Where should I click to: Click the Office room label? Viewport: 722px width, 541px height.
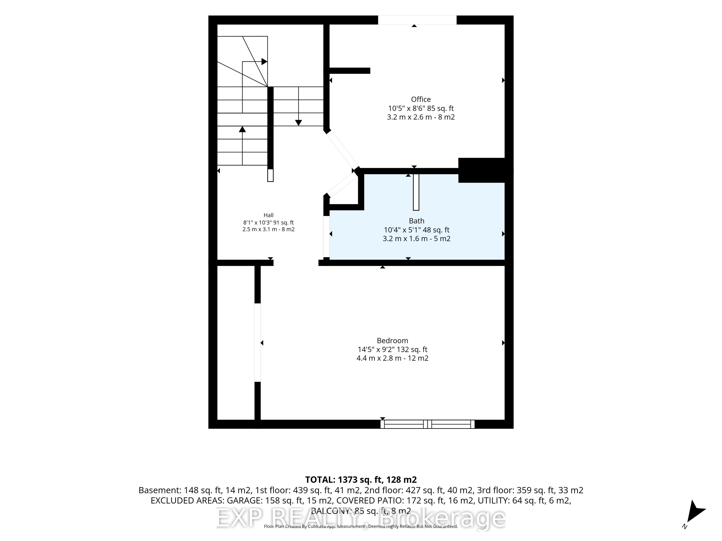click(421, 99)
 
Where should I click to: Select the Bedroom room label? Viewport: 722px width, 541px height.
click(392, 341)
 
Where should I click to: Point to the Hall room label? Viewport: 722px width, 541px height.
click(268, 215)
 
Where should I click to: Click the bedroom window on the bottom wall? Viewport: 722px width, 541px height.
click(427, 424)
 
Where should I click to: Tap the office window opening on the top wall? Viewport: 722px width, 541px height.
click(417, 20)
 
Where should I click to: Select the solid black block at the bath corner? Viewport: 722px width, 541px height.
click(482, 170)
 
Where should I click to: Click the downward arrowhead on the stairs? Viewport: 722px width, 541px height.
click(298, 123)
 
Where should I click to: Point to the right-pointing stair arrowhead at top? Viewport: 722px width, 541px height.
click(264, 61)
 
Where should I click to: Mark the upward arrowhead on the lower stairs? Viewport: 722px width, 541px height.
click(242, 129)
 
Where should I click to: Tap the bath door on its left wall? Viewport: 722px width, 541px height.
click(326, 236)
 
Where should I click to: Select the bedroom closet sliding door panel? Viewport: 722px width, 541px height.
click(258, 342)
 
